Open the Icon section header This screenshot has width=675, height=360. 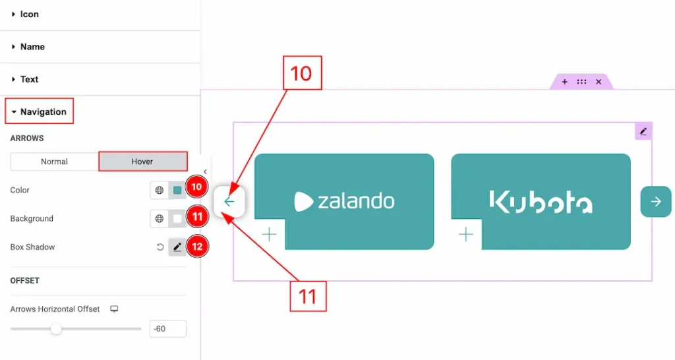(x=30, y=14)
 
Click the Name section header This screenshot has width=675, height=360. (x=32, y=47)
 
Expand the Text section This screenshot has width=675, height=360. (x=29, y=79)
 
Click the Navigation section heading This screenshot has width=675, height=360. (x=43, y=112)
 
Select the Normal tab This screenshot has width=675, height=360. (x=54, y=162)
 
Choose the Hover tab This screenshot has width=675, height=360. (x=142, y=162)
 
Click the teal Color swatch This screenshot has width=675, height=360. (x=177, y=191)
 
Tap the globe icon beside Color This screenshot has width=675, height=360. (x=159, y=191)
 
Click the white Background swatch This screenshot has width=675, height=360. (x=177, y=219)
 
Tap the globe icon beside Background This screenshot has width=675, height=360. (x=159, y=219)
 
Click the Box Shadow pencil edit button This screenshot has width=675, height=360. (x=177, y=247)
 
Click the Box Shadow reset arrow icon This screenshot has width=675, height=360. (x=160, y=247)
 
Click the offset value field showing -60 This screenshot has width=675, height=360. (x=167, y=328)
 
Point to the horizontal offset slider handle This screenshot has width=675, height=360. (x=57, y=328)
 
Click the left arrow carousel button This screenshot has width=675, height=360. (x=229, y=202)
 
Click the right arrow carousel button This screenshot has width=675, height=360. (x=656, y=202)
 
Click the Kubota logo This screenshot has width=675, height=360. (x=541, y=201)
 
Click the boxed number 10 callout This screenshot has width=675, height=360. (x=302, y=73)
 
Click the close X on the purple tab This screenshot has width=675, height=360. (x=599, y=82)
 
